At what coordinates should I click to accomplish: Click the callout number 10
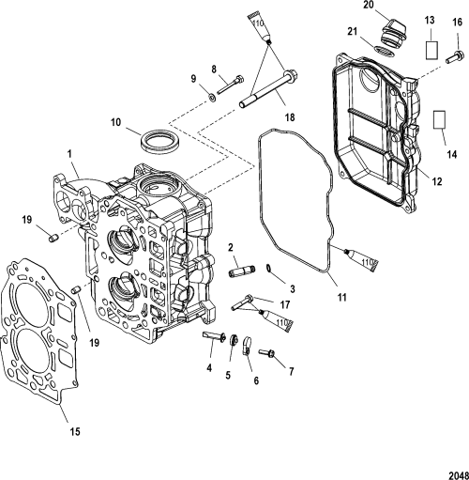115,122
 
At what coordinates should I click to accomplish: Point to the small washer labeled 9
212,99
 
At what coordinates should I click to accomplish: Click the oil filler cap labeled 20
393,35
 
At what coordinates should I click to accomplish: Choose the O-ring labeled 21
384,53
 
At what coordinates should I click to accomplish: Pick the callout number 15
75,432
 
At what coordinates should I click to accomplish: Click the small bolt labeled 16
455,57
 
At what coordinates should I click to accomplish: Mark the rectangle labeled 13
431,50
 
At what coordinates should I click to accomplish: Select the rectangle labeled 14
439,119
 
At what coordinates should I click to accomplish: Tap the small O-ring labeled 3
269,268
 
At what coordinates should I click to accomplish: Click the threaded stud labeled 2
242,271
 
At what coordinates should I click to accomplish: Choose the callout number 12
437,181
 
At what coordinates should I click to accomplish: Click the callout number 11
342,297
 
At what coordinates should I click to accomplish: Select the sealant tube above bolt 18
259,27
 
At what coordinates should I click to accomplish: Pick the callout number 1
69,154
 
